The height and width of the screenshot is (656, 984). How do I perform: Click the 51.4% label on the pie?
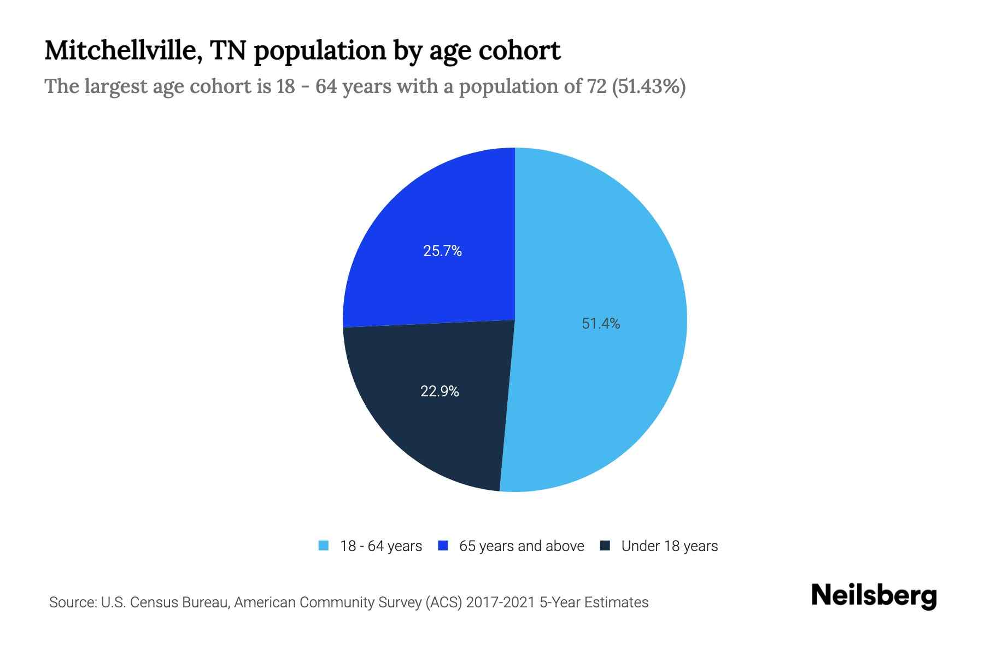[601, 324]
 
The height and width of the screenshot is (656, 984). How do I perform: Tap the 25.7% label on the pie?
[442, 251]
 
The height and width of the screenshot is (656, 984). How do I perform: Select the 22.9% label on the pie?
[440, 391]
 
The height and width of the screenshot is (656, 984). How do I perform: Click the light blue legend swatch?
[324, 546]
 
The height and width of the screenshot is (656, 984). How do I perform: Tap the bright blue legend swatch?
[443, 546]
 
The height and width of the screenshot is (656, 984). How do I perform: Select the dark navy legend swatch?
[605, 546]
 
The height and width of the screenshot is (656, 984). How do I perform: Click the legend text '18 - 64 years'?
[381, 546]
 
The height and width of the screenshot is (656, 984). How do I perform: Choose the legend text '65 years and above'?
[522, 546]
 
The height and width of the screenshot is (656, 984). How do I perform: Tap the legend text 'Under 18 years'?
[670, 546]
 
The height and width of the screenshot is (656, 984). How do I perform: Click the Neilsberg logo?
[874, 596]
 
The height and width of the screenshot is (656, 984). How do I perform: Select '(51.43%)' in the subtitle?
[649, 86]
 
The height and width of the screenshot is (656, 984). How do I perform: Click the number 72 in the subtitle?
[596, 86]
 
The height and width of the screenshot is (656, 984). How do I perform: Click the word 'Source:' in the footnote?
[73, 602]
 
